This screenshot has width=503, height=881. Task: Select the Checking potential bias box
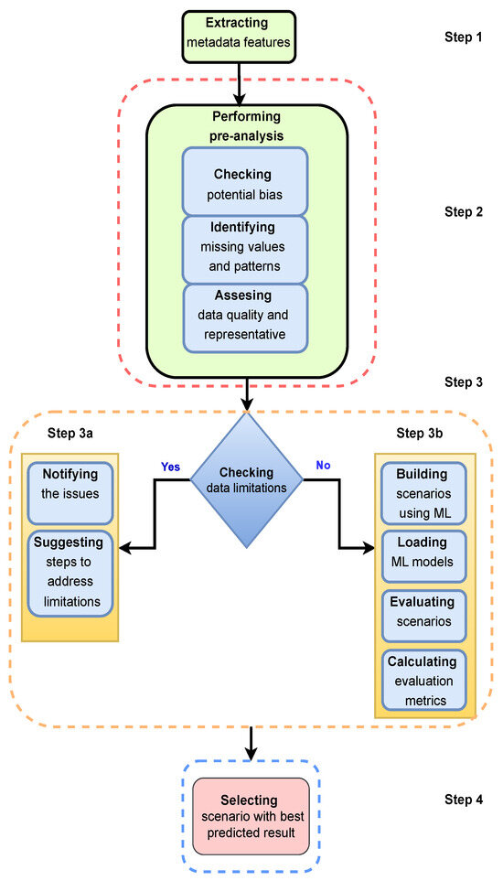pyautogui.click(x=244, y=180)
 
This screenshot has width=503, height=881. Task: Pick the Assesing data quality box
pyautogui.click(x=244, y=317)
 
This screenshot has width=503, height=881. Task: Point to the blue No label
pyautogui.click(x=322, y=465)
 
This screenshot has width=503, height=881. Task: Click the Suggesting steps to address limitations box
pyautogui.click(x=70, y=573)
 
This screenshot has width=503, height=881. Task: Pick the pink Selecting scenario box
pyautogui.click(x=250, y=815)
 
